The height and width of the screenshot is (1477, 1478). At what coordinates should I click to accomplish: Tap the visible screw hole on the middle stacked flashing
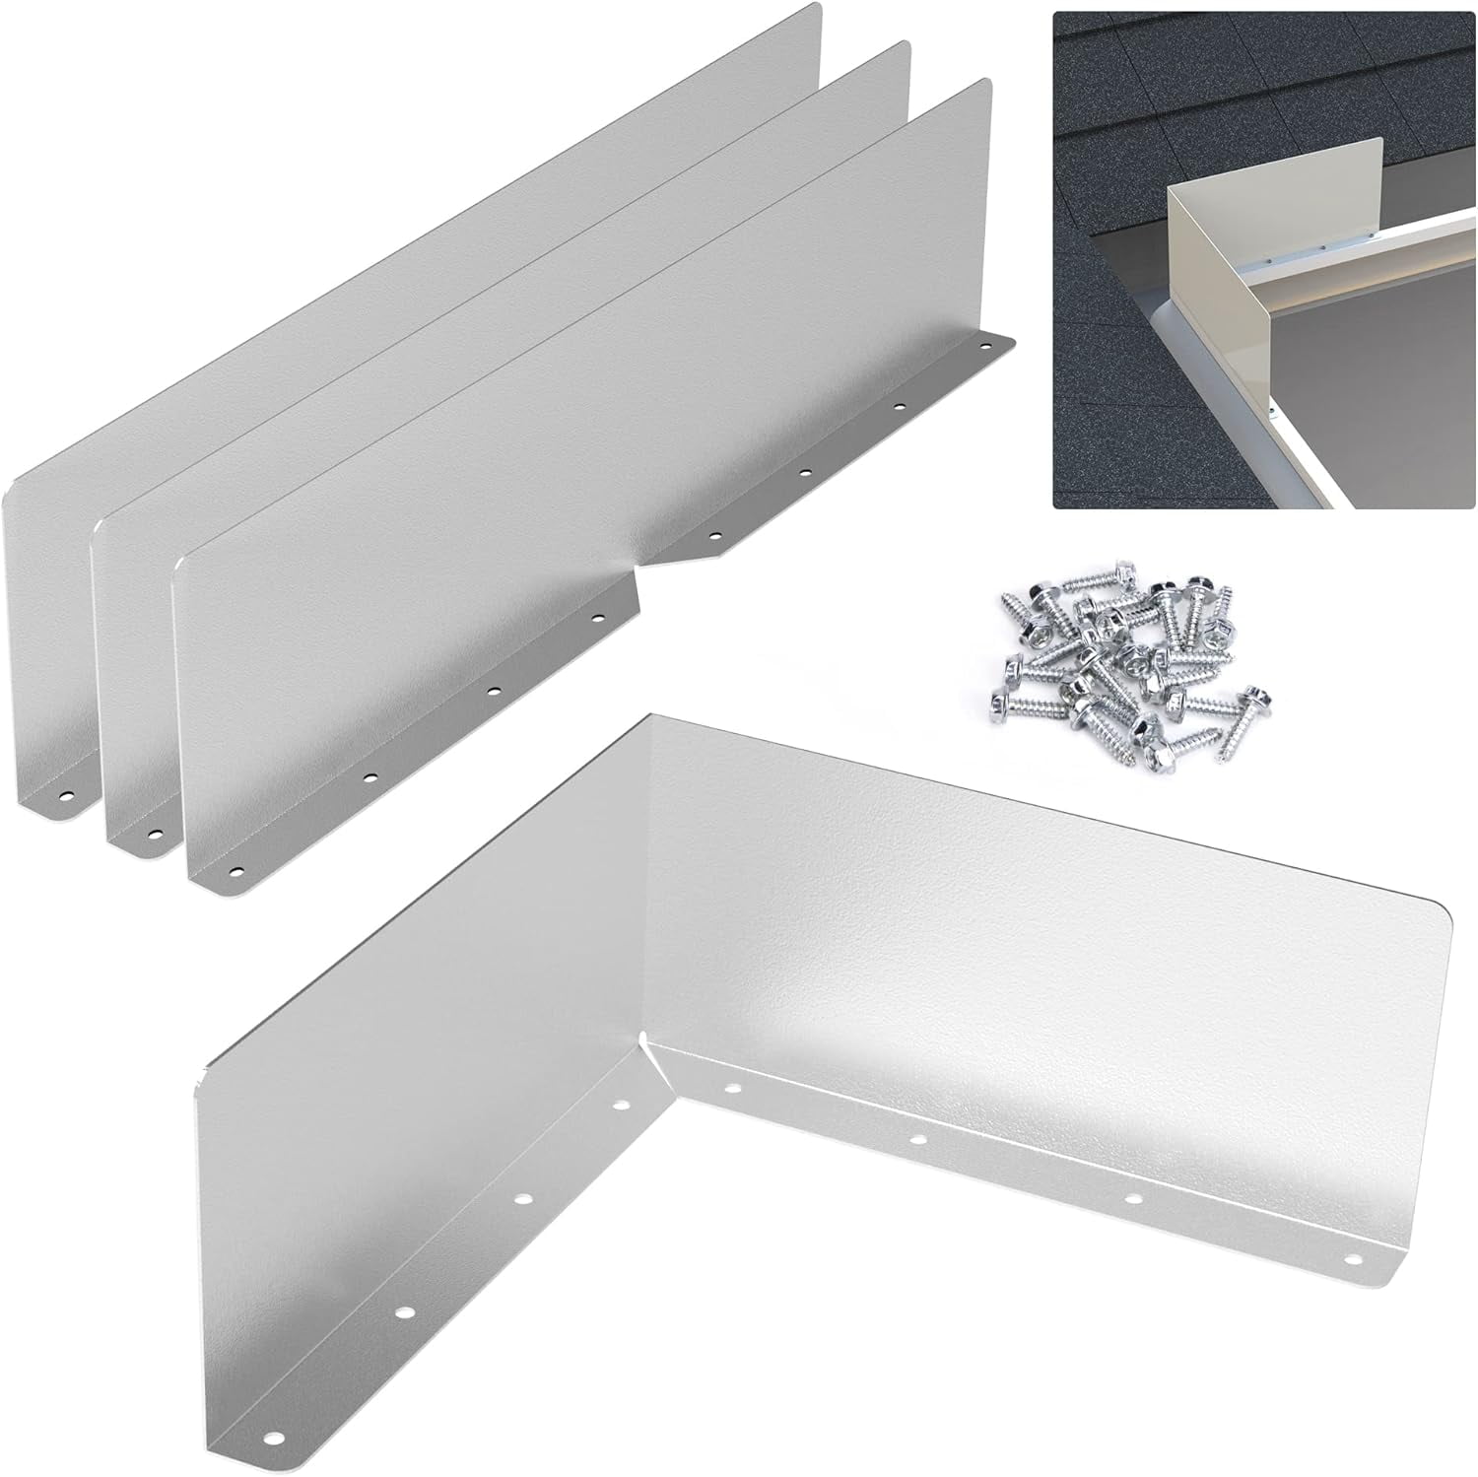(154, 834)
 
